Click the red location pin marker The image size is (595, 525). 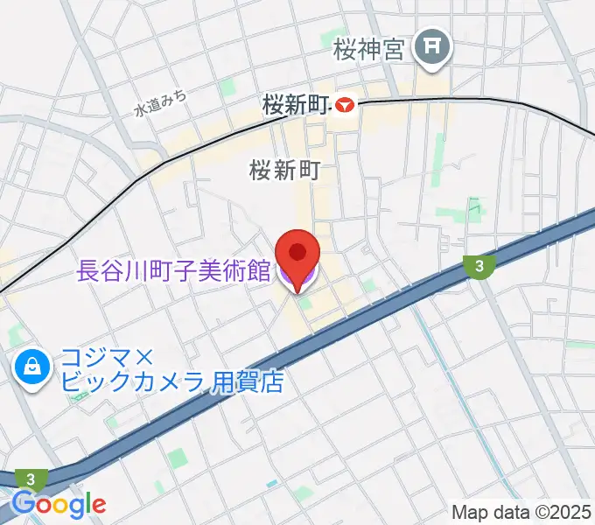click(x=297, y=255)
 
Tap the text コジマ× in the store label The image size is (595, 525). click(x=108, y=359)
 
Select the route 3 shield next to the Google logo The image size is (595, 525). click(x=32, y=479)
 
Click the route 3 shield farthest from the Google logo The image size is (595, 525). click(x=478, y=267)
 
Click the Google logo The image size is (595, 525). click(x=58, y=504)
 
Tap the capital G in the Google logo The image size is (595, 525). click(x=23, y=503)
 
